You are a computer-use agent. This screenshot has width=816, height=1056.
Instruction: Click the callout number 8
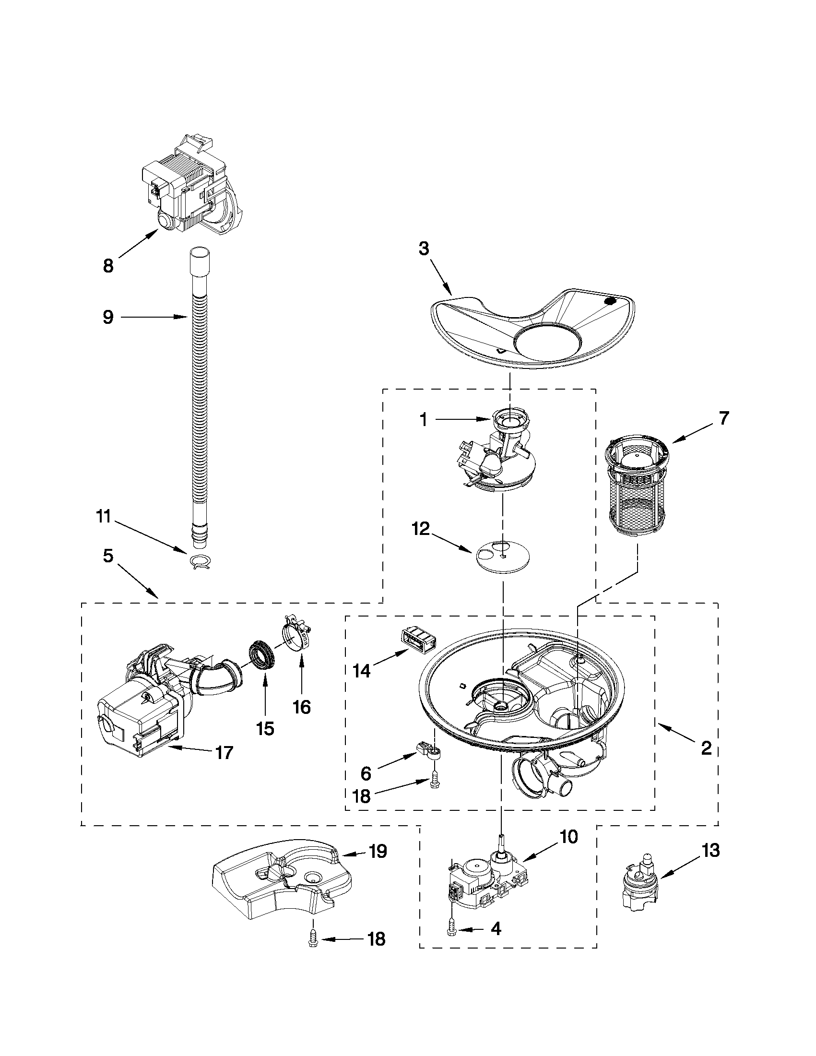pyautogui.click(x=108, y=265)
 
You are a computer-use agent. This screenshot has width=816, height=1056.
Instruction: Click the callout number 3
pyautogui.click(x=424, y=249)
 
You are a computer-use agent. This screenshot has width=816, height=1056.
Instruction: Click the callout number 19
pyautogui.click(x=378, y=851)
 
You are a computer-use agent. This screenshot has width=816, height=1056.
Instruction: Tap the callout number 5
pyautogui.click(x=108, y=556)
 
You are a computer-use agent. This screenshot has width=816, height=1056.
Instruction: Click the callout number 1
pyautogui.click(x=424, y=420)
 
